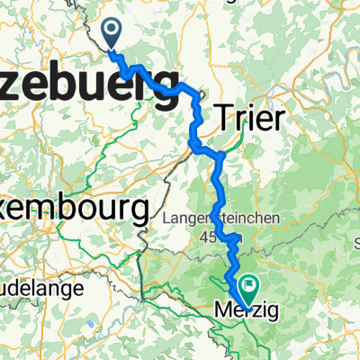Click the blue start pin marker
pyautogui.click(x=113, y=34)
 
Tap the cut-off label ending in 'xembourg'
pyautogui.click(x=72, y=209)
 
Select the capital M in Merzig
pyautogui.click(x=223, y=311)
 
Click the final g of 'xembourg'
pyautogui.click(x=137, y=212)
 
